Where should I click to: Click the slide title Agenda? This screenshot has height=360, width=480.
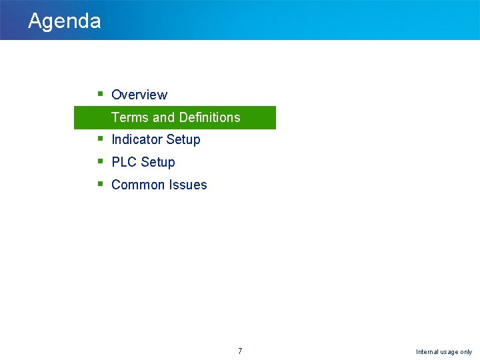[x=65, y=21]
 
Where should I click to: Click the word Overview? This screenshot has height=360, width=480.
[x=139, y=95]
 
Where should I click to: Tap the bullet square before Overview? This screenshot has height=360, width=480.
[x=99, y=94]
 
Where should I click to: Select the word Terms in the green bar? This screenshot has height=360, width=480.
[x=130, y=117]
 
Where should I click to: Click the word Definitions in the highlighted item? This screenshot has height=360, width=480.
[x=209, y=117]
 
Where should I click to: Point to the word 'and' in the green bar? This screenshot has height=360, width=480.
[x=163, y=117]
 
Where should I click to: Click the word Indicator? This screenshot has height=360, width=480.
[x=137, y=139]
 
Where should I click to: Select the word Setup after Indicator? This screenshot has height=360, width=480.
[x=183, y=140]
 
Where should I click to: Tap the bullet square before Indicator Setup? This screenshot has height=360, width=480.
[x=99, y=139]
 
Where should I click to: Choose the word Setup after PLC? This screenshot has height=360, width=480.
[x=158, y=163]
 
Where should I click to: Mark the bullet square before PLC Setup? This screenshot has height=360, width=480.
[x=99, y=161]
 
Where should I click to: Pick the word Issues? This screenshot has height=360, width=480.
[x=189, y=185]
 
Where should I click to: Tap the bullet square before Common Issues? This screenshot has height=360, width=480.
[x=99, y=184]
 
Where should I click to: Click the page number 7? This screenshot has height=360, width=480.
[x=240, y=351]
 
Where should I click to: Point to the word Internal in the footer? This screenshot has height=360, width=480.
[x=428, y=352]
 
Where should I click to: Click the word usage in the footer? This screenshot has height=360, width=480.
[x=450, y=352]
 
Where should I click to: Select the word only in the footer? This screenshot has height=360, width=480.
[x=466, y=352]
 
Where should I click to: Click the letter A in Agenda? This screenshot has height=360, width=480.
[x=35, y=21]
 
